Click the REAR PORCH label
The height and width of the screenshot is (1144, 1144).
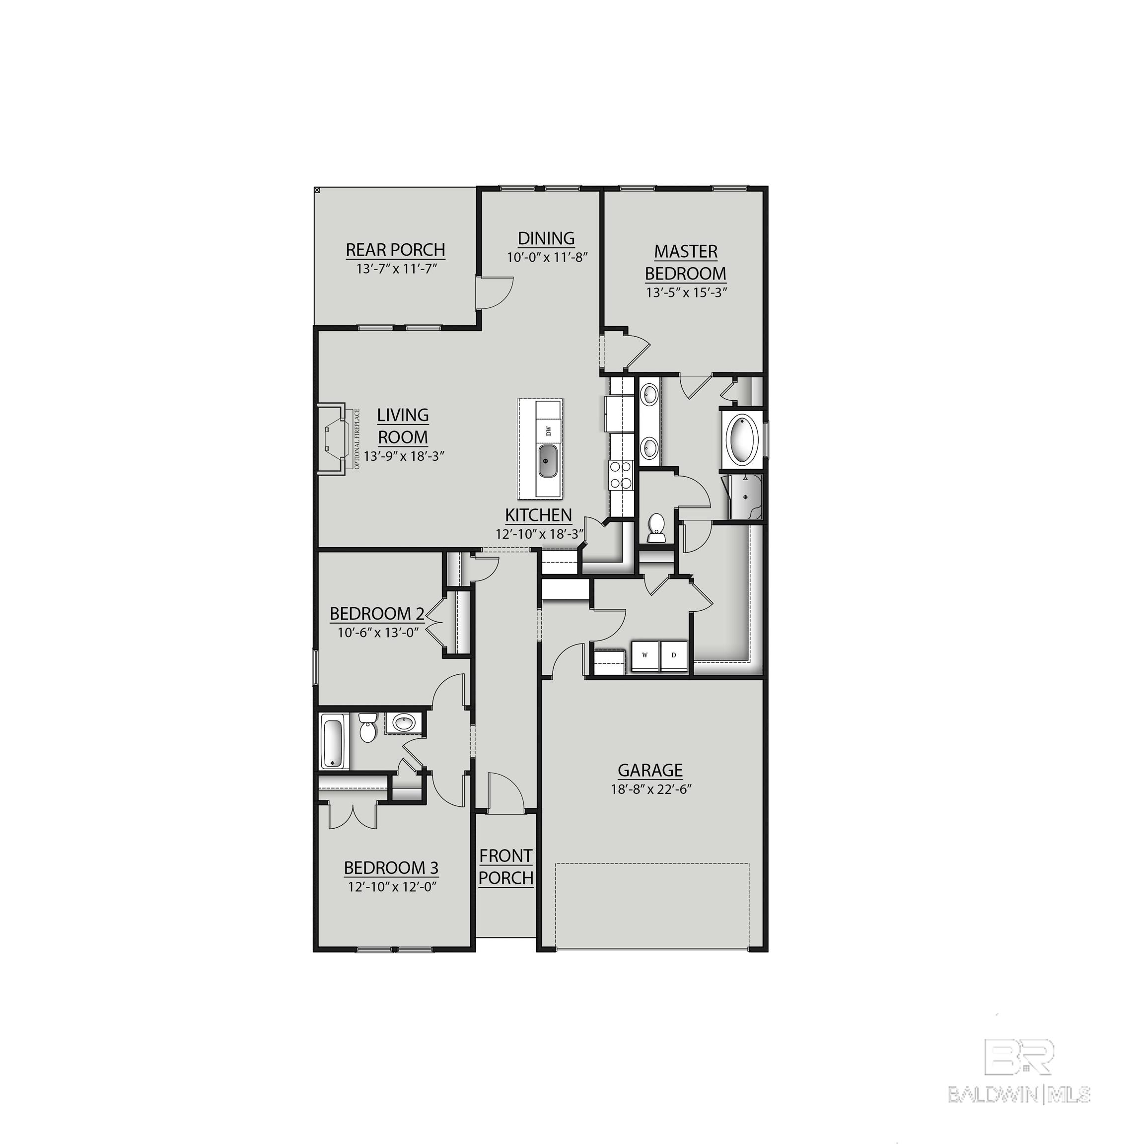tap(396, 250)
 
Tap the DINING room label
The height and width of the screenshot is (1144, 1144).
tap(546, 238)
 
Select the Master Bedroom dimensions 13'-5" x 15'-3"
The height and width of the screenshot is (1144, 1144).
tap(686, 292)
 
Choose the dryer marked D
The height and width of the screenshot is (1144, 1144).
tap(673, 655)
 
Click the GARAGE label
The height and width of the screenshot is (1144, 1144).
tap(650, 770)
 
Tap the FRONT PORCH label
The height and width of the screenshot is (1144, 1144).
tap(505, 867)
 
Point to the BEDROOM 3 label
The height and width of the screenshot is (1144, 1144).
tap(391, 868)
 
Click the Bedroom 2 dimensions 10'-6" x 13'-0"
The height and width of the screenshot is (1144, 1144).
tap(378, 632)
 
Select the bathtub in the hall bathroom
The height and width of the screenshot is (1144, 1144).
tap(333, 741)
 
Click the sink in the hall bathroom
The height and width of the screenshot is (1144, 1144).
tap(405, 723)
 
